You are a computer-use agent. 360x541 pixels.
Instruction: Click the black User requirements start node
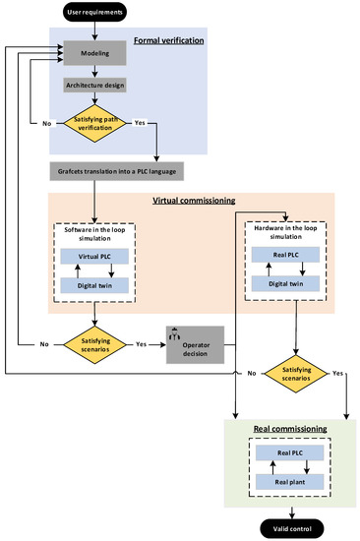tap(95, 13)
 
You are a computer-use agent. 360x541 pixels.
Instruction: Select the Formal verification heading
tap(168, 40)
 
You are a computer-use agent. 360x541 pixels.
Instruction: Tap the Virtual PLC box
tap(95, 257)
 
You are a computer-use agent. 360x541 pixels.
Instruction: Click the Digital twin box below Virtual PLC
tap(95, 284)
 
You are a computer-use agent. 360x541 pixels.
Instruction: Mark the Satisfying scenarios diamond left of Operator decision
tap(95, 344)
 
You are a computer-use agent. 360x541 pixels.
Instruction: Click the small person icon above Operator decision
tap(177, 330)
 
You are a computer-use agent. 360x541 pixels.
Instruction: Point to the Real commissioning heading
tap(277, 430)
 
